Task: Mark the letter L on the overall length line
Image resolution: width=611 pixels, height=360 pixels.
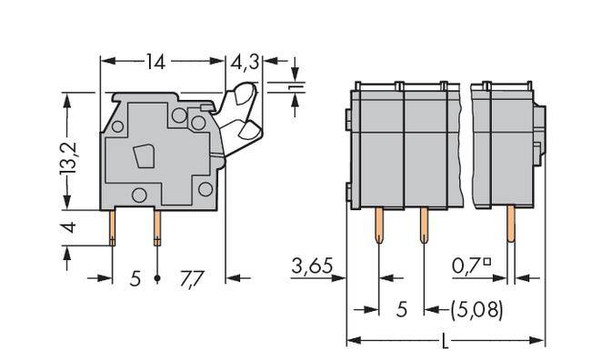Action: pos(443,343)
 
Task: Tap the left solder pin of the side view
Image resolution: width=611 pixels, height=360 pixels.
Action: pos(113,226)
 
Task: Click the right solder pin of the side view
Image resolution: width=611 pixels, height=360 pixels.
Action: pos(158,226)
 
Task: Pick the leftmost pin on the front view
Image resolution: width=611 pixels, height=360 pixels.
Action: pos(378,226)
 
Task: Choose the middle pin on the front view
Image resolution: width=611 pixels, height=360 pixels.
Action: pos(424,226)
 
